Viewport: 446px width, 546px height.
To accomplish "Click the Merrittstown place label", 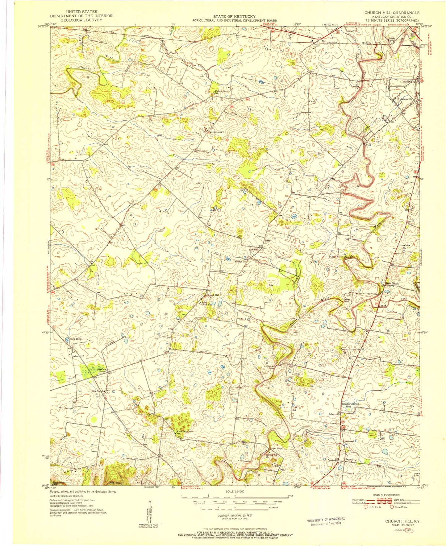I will [217, 132].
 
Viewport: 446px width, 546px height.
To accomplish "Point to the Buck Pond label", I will [75, 339].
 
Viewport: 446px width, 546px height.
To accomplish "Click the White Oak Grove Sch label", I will [185, 432].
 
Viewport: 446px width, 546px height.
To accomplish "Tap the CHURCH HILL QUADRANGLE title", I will [392, 13].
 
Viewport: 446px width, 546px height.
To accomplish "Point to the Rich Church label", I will [98, 391].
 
